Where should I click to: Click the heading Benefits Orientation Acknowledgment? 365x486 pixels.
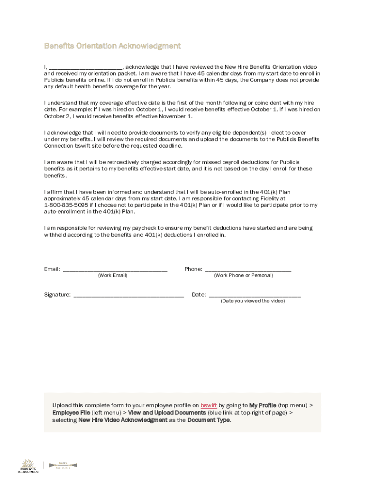[x=112, y=46]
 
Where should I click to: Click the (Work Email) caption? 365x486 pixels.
[x=112, y=276]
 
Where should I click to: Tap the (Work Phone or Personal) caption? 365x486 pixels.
[x=243, y=276]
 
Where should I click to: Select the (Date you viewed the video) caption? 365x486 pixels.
[x=253, y=301]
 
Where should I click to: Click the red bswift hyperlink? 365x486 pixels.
[x=209, y=405]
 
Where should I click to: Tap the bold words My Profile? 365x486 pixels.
[x=263, y=405]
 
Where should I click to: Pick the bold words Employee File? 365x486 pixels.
[x=71, y=413]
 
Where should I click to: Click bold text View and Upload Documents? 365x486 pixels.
[x=167, y=413]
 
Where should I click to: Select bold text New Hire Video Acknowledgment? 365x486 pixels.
[x=123, y=420]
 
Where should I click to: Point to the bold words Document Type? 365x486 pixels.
[x=209, y=420]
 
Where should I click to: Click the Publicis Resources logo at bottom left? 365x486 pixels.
[x=28, y=466]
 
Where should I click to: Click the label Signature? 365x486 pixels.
[x=57, y=295]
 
